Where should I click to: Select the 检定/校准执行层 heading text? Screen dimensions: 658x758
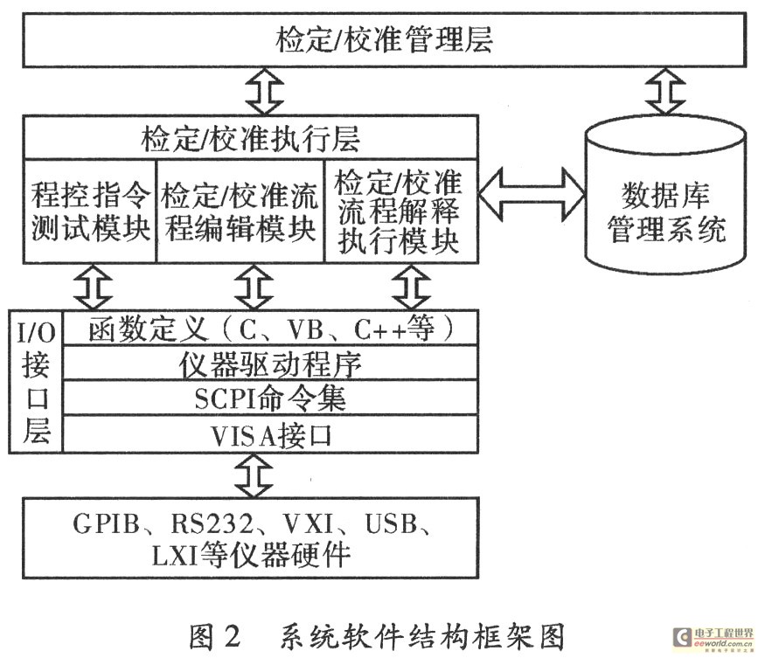click(251, 140)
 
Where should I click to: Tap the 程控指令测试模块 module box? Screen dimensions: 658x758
click(88, 210)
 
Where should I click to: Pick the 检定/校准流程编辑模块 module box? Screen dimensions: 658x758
click(240, 210)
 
